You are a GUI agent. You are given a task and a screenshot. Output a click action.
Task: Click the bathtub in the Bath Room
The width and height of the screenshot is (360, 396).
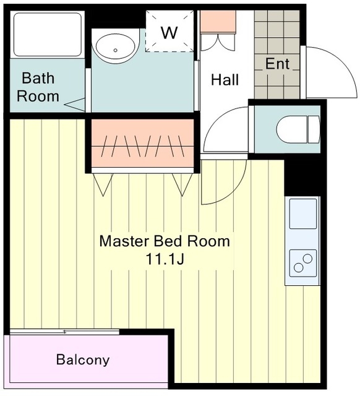pyautogui.click(x=48, y=35)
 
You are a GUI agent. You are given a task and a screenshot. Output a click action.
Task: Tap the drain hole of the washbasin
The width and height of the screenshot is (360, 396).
pyautogui.click(x=116, y=50)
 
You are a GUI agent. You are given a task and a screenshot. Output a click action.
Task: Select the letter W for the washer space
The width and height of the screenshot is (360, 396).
pyautogui.click(x=169, y=33)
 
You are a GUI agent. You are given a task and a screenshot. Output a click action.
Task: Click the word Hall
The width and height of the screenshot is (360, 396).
pyautogui.click(x=225, y=80)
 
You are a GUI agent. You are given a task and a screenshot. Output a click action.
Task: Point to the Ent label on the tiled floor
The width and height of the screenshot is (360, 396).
pyautogui.click(x=277, y=64)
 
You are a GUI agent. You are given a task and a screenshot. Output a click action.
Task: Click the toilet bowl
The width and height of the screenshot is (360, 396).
pyautogui.click(x=292, y=130)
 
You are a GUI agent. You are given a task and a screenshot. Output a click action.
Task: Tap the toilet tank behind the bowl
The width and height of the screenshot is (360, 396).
pyautogui.click(x=314, y=130)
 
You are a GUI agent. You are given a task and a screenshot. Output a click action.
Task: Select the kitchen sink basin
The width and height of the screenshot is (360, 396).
pyautogui.click(x=303, y=213)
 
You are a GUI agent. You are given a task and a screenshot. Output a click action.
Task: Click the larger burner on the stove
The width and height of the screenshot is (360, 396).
pyautogui.click(x=307, y=259)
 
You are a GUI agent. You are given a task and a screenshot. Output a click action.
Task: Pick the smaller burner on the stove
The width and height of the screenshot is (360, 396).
pyautogui.click(x=299, y=268)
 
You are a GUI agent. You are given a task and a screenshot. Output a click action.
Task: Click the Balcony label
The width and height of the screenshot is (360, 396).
pyautogui.click(x=83, y=359)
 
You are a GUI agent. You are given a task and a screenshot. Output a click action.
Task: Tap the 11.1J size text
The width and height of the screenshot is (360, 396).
pyautogui.click(x=165, y=259)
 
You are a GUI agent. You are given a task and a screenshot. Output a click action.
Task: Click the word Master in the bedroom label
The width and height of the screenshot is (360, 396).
pyautogui.click(x=124, y=241)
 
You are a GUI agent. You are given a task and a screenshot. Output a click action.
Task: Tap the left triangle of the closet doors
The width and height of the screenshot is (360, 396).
pyautogui.click(x=103, y=184)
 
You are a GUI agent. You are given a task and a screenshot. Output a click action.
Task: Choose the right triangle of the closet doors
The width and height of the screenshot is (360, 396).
pyautogui.click(x=182, y=184)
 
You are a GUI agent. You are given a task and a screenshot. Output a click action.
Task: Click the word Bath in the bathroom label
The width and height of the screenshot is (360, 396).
pyautogui.click(x=38, y=78)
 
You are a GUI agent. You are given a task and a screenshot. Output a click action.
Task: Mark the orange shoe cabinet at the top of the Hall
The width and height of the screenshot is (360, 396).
pyautogui.click(x=218, y=22)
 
